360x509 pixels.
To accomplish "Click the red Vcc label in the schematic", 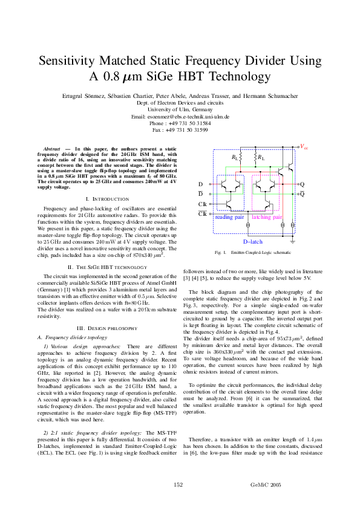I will (x=304, y=147).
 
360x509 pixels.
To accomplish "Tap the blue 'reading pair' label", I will (x=230, y=216).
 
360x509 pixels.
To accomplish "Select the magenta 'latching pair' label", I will (x=267, y=216).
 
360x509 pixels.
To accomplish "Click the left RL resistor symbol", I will (x=241, y=158).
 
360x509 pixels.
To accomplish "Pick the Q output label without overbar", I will (x=303, y=184).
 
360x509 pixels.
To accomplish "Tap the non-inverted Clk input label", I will (x=202, y=204).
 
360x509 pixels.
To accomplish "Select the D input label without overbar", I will (x=201, y=184).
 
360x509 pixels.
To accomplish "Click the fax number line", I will (x=180, y=129).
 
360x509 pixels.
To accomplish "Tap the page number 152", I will (x=178, y=485).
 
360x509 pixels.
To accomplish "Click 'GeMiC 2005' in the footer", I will (x=266, y=485).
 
